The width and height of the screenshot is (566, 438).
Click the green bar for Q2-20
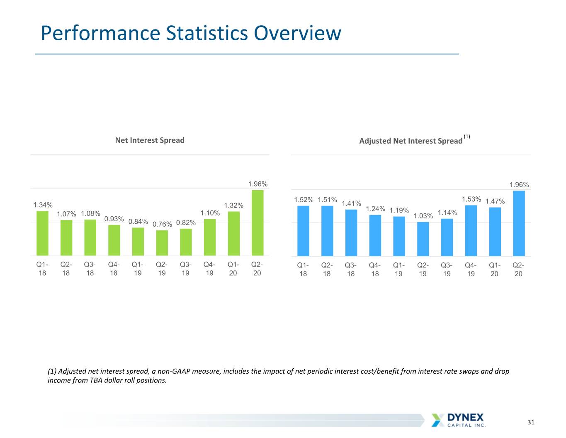(257, 223)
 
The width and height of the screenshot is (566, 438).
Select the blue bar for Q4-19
(471, 231)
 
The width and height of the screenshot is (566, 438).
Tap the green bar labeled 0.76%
(162, 243)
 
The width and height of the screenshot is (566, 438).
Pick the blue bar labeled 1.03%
(423, 239)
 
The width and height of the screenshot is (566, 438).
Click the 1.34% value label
(43, 205)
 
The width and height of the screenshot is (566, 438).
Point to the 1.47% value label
(495, 201)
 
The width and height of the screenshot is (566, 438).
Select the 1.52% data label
(304, 200)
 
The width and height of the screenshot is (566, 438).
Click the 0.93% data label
(114, 219)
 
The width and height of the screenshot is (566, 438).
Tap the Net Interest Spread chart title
(150, 140)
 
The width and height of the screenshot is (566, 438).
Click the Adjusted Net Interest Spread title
(411, 141)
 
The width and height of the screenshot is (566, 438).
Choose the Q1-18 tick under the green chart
(42, 269)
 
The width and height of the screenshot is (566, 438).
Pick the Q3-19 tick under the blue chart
(447, 269)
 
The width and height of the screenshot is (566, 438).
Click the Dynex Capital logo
(458, 420)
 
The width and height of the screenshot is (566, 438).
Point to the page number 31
(531, 422)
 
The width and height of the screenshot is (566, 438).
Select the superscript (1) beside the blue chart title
(467, 136)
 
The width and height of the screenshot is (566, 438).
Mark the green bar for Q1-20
(234, 234)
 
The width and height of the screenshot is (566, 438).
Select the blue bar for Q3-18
(351, 233)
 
